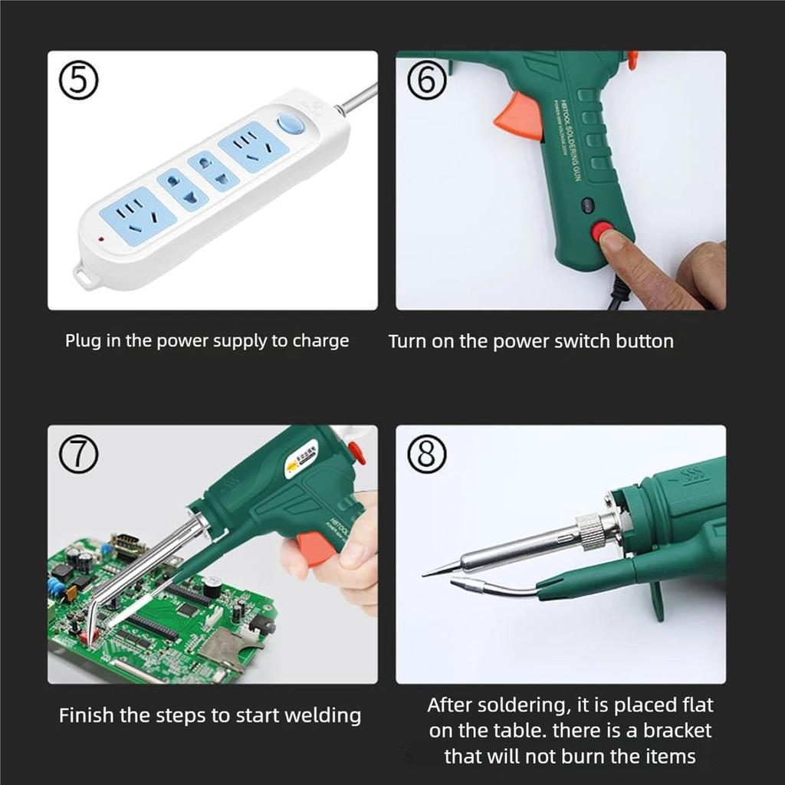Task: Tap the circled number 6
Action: point(426,81)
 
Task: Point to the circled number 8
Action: point(426,457)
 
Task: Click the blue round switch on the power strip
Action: point(288,125)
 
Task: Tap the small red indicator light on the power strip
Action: point(100,241)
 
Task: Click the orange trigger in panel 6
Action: point(520,117)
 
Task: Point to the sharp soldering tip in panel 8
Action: point(437,570)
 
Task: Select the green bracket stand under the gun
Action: point(656,601)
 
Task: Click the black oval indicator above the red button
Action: point(588,205)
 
